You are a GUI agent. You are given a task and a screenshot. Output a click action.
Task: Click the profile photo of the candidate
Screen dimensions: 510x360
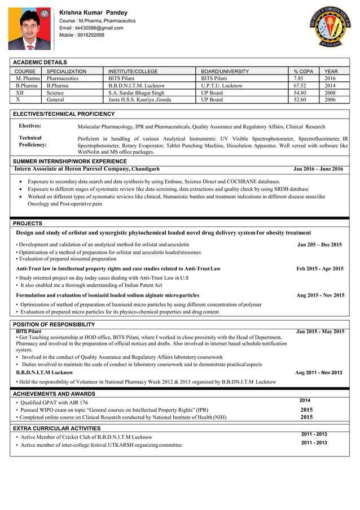(x=29, y=28)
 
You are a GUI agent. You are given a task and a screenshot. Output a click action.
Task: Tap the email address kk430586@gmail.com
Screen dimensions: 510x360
(x=91, y=28)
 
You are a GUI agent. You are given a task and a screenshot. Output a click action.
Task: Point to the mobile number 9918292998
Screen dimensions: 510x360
(x=82, y=35)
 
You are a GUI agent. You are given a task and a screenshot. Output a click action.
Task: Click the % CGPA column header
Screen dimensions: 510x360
(x=303, y=72)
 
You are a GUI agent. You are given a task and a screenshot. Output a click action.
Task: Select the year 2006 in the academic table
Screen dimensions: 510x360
(x=330, y=99)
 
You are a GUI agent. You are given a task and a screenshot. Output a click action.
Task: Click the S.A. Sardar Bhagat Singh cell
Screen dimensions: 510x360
(x=137, y=93)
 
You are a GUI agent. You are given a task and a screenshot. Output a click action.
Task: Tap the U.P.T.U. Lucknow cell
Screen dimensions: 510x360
(x=222, y=86)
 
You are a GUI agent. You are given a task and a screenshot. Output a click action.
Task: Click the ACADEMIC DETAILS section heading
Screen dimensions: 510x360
(x=40, y=62)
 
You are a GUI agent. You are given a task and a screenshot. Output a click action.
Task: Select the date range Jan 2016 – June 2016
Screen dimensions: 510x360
(x=318, y=169)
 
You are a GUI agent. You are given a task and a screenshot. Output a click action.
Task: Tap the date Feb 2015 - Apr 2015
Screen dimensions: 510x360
(x=319, y=269)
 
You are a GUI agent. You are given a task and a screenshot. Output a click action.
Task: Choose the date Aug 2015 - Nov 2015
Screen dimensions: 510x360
(x=320, y=295)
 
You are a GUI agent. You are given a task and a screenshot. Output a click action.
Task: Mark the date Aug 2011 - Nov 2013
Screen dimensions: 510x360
(x=318, y=373)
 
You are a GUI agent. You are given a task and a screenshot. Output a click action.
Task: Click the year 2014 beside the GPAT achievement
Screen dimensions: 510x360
(x=305, y=400)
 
